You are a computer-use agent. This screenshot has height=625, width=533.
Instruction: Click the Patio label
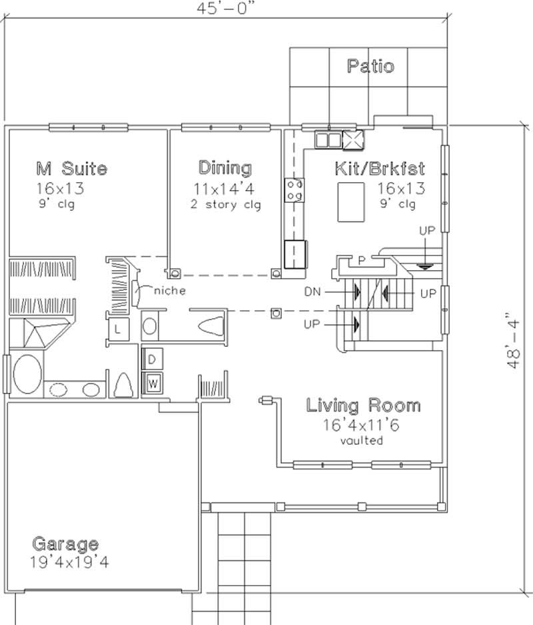click(370, 67)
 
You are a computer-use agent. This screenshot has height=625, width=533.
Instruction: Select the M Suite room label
click(71, 167)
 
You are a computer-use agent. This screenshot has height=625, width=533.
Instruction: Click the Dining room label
click(225, 167)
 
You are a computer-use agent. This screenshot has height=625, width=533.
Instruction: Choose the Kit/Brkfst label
click(380, 167)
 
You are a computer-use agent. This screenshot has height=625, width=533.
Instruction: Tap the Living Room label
click(363, 405)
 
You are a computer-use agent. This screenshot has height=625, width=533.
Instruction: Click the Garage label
click(66, 544)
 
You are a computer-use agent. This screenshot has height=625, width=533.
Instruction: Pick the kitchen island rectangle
click(351, 202)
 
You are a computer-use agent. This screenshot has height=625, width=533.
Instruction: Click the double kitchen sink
click(326, 139)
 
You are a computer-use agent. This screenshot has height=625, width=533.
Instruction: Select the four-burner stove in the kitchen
click(294, 189)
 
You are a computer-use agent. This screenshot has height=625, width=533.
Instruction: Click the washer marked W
click(152, 383)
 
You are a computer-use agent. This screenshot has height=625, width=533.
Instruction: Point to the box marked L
click(117, 329)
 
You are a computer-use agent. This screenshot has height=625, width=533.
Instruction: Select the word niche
click(170, 291)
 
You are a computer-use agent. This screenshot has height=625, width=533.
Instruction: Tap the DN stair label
click(313, 291)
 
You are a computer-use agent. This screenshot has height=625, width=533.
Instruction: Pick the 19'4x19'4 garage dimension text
click(70, 562)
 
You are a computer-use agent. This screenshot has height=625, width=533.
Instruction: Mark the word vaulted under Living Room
click(362, 440)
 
